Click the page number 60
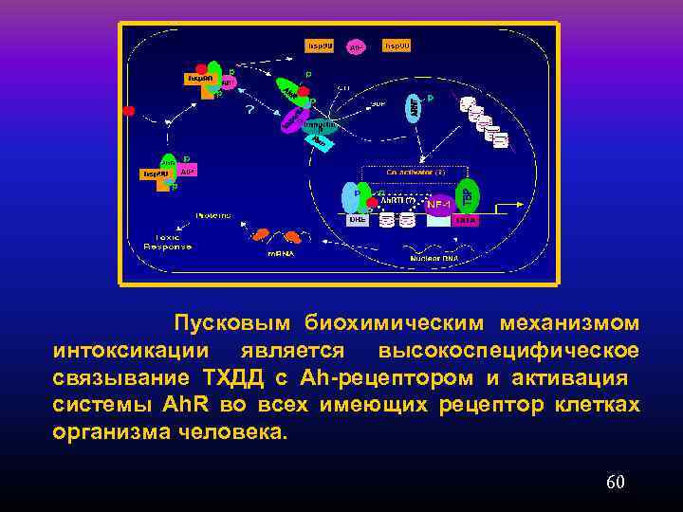[x=615, y=483]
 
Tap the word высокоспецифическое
[x=508, y=351]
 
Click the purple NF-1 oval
[x=439, y=204]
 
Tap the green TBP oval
[x=467, y=195]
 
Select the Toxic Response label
[x=167, y=242]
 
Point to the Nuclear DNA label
[x=434, y=257]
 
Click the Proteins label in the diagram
[x=213, y=215]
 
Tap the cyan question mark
[x=250, y=110]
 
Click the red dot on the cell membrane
[x=128, y=111]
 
